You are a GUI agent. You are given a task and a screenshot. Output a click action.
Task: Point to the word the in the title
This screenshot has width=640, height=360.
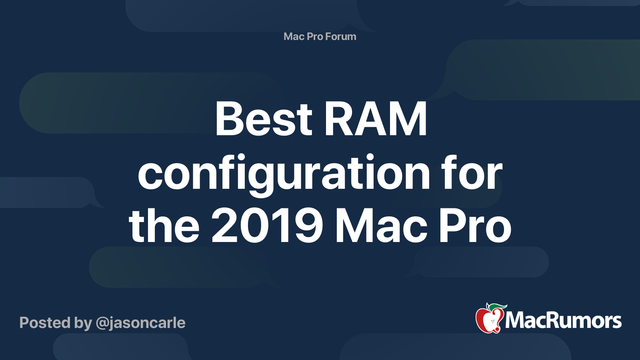pos(164,225)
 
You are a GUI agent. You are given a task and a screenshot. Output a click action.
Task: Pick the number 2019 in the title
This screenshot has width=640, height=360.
pos(267,226)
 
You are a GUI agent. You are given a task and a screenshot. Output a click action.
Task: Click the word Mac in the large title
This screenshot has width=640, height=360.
pos(382,226)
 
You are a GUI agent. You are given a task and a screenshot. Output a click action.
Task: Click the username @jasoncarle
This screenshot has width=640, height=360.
pos(140,323)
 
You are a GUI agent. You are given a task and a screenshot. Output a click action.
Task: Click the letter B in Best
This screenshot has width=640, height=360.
pos(228,118)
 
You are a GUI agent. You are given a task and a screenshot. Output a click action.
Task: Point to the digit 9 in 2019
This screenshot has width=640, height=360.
pos(310,226)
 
